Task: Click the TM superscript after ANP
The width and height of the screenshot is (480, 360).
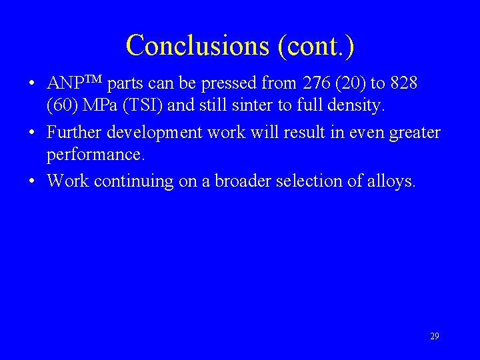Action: (94, 80)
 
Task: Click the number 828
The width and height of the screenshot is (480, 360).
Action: (403, 84)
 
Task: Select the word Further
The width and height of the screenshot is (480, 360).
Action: (74, 133)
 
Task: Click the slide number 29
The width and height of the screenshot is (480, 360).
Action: (435, 337)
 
